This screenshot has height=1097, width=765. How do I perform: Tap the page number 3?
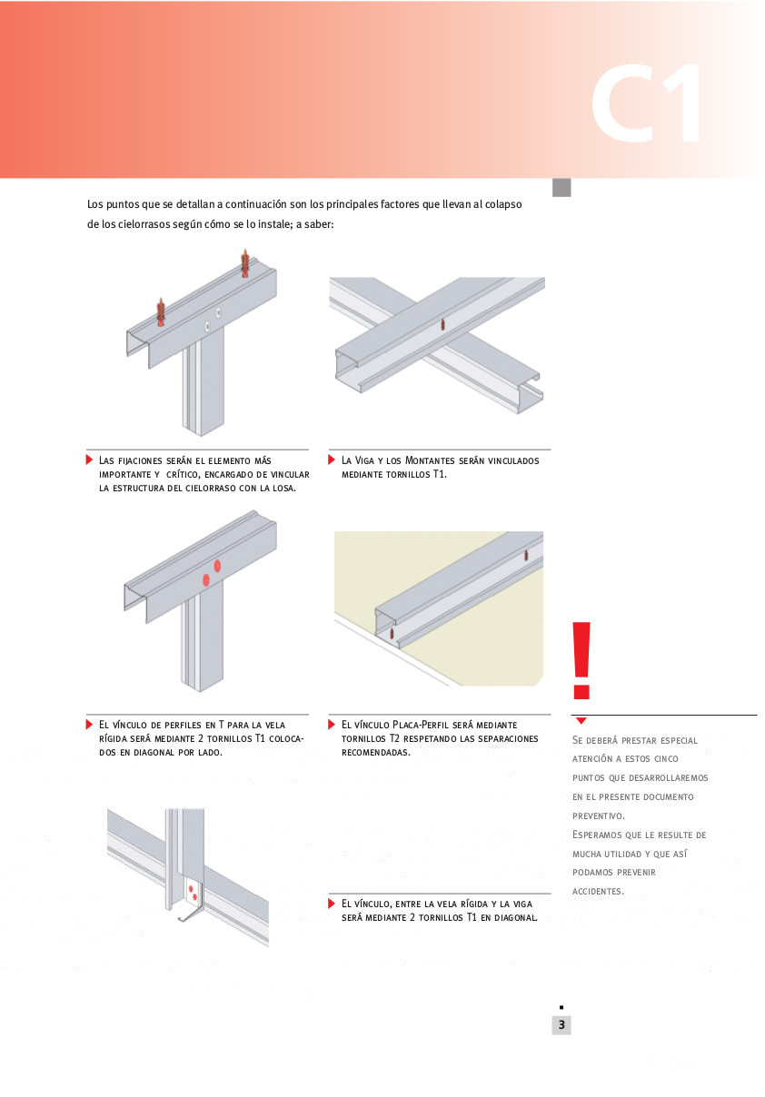[561, 1025]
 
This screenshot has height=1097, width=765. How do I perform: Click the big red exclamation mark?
[581, 660]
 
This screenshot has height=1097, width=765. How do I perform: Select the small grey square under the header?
[561, 187]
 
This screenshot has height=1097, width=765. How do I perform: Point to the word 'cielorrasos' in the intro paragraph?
[136, 224]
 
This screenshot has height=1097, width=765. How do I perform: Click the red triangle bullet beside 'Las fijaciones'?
[90, 460]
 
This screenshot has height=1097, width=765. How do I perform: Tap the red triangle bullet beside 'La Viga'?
[333, 460]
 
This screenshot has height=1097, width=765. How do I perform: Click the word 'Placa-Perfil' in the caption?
[420, 725]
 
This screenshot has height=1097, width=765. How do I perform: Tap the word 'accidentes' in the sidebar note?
[597, 891]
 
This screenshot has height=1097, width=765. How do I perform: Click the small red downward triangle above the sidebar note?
[581, 720]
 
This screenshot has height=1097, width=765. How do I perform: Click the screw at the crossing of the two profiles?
[442, 324]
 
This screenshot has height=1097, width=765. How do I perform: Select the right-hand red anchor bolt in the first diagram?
[244, 262]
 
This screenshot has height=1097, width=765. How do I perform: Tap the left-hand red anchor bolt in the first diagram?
[161, 311]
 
